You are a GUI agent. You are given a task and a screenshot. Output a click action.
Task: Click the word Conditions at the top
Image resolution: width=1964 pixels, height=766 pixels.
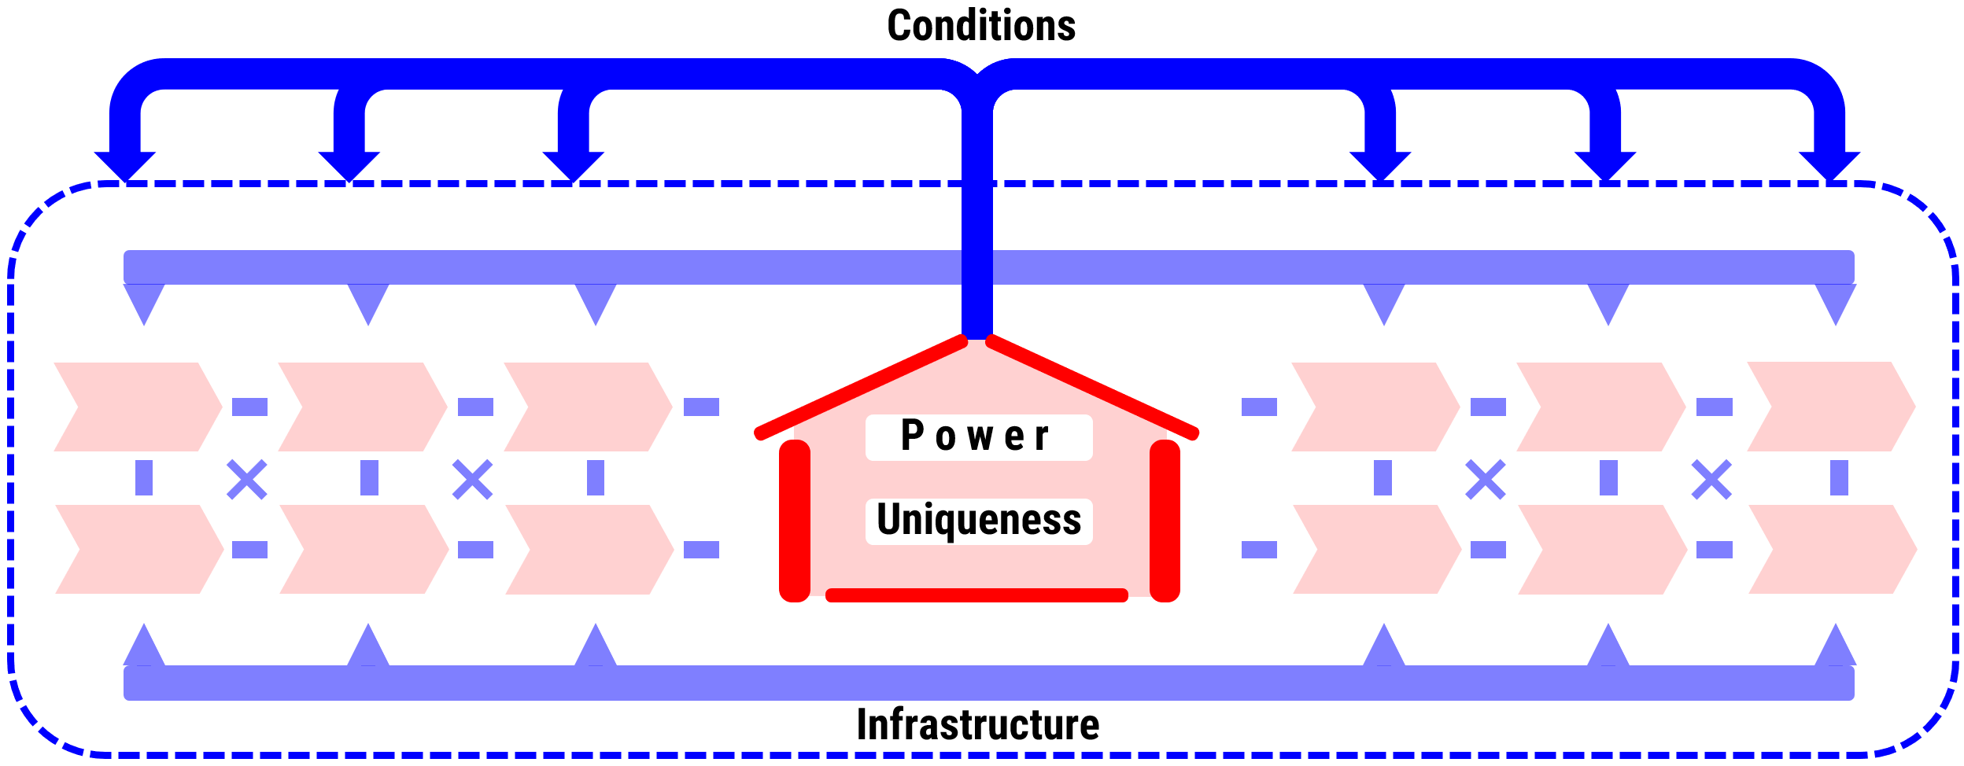point(980,26)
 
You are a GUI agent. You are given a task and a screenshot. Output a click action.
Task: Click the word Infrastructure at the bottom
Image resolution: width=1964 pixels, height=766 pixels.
point(977,724)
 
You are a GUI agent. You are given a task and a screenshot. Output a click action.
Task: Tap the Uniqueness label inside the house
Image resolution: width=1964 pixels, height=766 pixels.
point(978,520)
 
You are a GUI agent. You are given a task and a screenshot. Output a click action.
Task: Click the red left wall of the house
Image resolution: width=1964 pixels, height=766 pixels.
point(794,521)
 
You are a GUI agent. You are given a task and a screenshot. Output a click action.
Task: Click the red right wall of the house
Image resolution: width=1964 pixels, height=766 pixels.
point(1165,521)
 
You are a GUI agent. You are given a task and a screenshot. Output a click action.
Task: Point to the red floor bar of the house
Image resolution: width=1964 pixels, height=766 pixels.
point(976,595)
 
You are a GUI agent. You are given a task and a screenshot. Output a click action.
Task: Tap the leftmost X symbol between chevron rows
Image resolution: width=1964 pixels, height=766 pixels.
point(247,480)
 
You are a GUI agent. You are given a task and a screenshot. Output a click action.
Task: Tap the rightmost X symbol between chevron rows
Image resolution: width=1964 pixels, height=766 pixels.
point(1711,480)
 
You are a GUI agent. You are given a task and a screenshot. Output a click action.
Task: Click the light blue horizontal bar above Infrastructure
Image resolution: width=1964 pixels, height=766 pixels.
point(988,683)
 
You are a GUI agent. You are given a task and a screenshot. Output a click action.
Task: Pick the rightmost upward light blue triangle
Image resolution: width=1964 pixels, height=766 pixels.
point(1836,648)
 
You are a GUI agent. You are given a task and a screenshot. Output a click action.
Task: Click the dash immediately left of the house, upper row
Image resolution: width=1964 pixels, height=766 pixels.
point(701,407)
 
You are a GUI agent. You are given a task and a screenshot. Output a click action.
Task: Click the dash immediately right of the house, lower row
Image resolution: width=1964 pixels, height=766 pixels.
point(1259,549)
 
